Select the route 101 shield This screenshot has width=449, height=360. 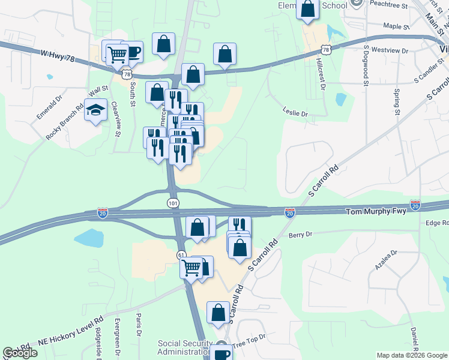click(x=173, y=203)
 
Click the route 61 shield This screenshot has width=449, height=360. click(x=181, y=255)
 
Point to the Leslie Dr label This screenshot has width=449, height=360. click(x=295, y=113)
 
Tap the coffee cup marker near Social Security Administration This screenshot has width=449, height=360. click(x=221, y=353)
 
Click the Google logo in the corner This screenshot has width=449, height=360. click(x=20, y=353)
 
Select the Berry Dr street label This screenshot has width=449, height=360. click(x=301, y=235)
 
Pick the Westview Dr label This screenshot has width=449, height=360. click(x=390, y=50)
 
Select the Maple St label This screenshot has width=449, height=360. click(x=396, y=26)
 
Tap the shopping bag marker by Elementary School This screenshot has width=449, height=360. click(x=307, y=10)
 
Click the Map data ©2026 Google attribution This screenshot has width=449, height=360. click(x=411, y=355)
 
